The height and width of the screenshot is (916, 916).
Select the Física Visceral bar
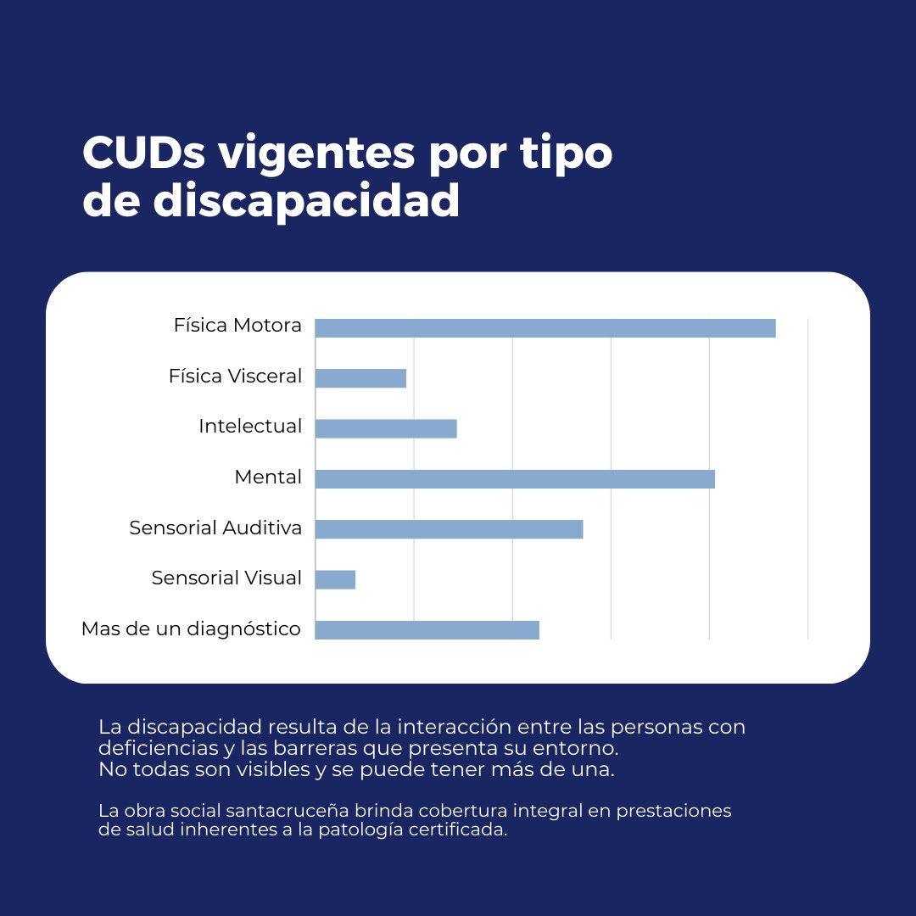point(360,378)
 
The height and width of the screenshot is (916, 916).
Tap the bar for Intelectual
point(386,428)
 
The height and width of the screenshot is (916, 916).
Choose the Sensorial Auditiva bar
point(449,529)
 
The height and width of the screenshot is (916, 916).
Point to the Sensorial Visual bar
point(335,579)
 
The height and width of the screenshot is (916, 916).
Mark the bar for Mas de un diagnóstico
point(427,629)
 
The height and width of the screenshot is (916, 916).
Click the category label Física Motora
point(237,326)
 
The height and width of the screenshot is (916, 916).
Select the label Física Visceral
point(235,376)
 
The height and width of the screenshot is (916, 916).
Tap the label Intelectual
point(250,426)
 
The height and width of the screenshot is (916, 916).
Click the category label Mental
point(268,478)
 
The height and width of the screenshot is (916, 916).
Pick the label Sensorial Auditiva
point(215,528)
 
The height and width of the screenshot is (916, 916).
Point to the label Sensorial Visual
point(226,578)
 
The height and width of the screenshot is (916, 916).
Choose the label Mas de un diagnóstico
point(191,629)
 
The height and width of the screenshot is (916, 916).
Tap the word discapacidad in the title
point(306,202)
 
